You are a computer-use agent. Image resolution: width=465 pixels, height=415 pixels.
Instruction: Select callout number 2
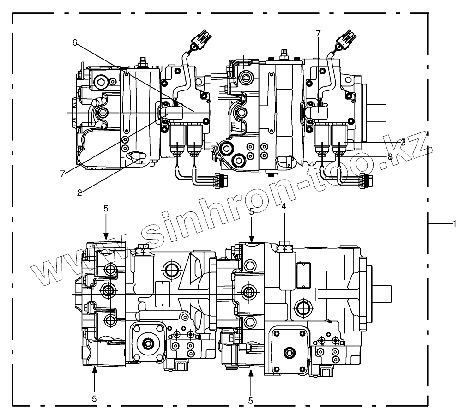[x=79, y=192]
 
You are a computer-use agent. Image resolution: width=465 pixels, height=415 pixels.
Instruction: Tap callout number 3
[x=403, y=142]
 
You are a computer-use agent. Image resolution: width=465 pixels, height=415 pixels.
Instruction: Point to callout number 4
[x=284, y=207]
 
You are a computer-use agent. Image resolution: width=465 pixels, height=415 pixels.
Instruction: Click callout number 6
[x=75, y=42]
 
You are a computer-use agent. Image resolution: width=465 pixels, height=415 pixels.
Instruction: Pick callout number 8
[x=390, y=157]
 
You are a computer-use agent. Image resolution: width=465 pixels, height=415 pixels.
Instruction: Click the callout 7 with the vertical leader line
[x=318, y=33]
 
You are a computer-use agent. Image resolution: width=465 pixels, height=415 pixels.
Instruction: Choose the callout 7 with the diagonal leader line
[x=63, y=173]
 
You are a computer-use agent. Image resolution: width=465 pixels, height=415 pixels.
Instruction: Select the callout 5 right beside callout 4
[x=251, y=212]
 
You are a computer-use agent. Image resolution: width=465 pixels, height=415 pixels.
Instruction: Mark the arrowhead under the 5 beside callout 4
[x=251, y=239]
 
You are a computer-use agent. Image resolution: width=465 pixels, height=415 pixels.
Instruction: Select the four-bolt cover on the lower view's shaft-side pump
[x=289, y=351]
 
